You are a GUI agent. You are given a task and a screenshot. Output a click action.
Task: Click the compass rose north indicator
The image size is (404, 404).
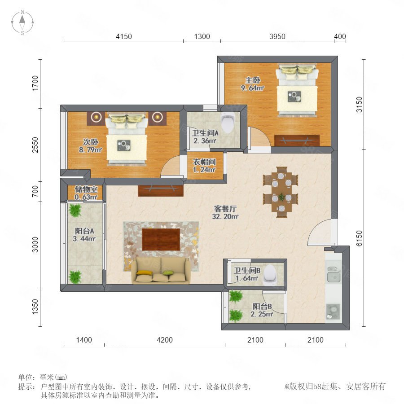tap(22, 18)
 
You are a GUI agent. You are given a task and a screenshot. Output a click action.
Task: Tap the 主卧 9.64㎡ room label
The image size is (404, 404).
tap(252, 84)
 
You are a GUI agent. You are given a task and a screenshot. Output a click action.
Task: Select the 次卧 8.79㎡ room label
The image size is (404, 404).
tap(90, 145)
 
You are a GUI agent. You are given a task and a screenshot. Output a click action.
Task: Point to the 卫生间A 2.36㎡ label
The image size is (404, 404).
tap(205, 137)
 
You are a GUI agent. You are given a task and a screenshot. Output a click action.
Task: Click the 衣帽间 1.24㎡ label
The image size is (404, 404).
tap(204, 166)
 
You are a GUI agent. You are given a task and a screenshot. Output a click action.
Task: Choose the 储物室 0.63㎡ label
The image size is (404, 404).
tap(86, 193)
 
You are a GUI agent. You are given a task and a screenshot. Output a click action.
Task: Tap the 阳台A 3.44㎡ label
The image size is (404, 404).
tap(84, 235)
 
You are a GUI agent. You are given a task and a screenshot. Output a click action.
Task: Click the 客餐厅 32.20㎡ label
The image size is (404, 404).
tap(225, 213)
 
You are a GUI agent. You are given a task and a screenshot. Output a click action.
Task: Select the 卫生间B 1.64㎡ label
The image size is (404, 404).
tap(247, 274)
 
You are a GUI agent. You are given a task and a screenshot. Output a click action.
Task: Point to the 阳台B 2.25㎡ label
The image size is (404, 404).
tap(262, 310)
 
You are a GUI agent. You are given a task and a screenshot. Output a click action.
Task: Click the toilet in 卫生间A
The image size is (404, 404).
tap(228, 122)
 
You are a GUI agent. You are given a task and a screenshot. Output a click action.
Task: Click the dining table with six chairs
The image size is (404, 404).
tap(281, 192)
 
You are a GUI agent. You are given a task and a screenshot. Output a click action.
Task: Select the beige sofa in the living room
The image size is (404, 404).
tap(161, 270)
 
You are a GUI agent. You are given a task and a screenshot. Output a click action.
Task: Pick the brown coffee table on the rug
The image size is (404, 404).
tap(161, 239)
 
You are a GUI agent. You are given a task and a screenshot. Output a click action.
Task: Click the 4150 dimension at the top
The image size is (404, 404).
tap(124, 37)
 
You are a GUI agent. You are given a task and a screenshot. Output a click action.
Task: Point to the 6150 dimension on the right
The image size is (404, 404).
tap(359, 238)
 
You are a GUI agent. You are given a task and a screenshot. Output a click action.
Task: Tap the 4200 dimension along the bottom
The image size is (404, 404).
tap(165, 340)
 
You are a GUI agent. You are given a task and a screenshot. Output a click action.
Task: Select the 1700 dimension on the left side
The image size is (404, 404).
tap(35, 83)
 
